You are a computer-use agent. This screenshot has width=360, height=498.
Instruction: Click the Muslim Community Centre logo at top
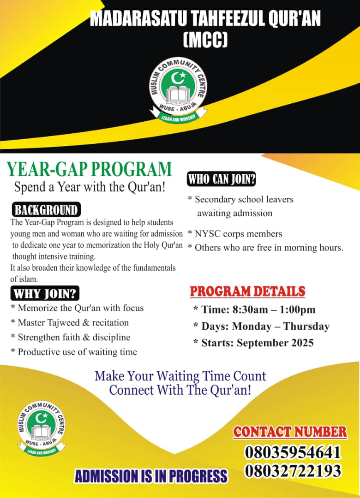pyautogui.click(x=179, y=91)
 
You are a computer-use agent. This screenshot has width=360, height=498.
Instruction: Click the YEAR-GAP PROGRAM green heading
pyautogui.click(x=89, y=170)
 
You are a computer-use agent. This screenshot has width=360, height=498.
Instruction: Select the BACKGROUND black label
pyautogui.click(x=46, y=210)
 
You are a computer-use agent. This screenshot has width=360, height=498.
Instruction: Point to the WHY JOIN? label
pyautogui.click(x=45, y=294)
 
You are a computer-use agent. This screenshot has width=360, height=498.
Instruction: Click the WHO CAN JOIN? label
pyautogui.click(x=222, y=179)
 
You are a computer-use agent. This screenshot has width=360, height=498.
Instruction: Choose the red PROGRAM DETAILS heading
pyautogui.click(x=247, y=291)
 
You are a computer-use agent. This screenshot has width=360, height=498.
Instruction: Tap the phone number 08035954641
pyautogui.click(x=293, y=452)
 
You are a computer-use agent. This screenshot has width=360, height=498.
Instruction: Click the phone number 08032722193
pyautogui.click(x=293, y=471)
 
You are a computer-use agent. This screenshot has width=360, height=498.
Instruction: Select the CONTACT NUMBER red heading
pyautogui.click(x=290, y=432)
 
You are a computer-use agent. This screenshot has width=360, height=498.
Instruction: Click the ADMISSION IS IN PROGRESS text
pyautogui.click(x=151, y=476)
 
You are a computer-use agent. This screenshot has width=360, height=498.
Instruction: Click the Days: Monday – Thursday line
pyautogui.click(x=261, y=326)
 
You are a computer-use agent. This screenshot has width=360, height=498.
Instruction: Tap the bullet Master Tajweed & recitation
pyautogui.click(x=70, y=322)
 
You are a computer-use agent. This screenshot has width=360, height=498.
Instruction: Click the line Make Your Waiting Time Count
pyautogui.click(x=180, y=376)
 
